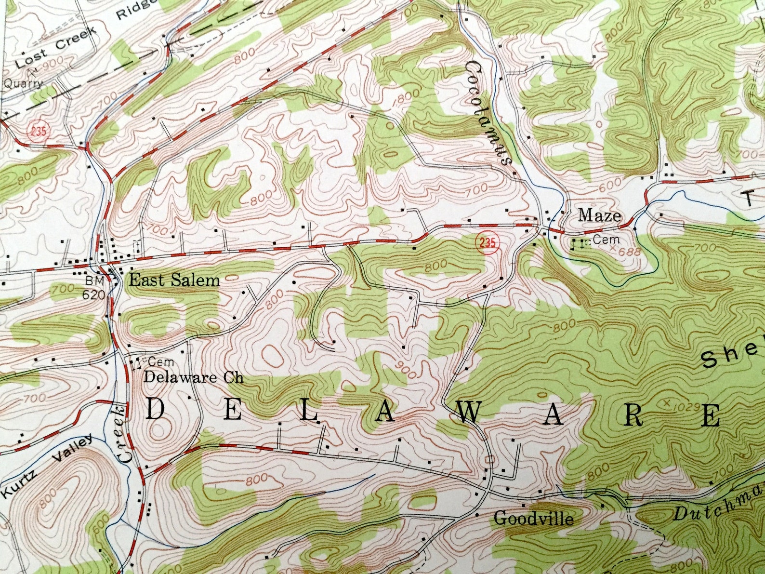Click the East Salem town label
click(174, 280)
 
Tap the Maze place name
click(599, 215)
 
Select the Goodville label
click(534, 519)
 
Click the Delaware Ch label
click(193, 377)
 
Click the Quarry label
click(23, 83)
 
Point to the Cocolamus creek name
click(488, 113)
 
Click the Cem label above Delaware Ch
click(160, 361)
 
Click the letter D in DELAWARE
click(155, 410)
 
